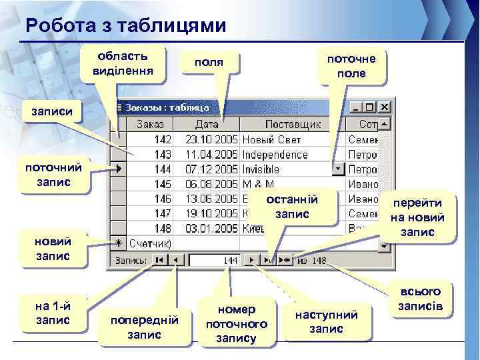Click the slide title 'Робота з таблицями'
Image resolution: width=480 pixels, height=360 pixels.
pos(126,25)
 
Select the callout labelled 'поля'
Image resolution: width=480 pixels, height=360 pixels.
pos(208,63)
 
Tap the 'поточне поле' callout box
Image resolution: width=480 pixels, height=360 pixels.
pos(351,65)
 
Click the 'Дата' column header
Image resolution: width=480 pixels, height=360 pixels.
pos(207,124)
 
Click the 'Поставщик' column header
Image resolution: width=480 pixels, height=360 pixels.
pos(293,124)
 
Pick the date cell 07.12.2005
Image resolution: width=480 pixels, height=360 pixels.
pos(207,169)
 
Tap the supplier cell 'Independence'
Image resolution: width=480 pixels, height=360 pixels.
pos(275,154)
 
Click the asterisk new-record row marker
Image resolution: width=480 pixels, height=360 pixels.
pos(118,243)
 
